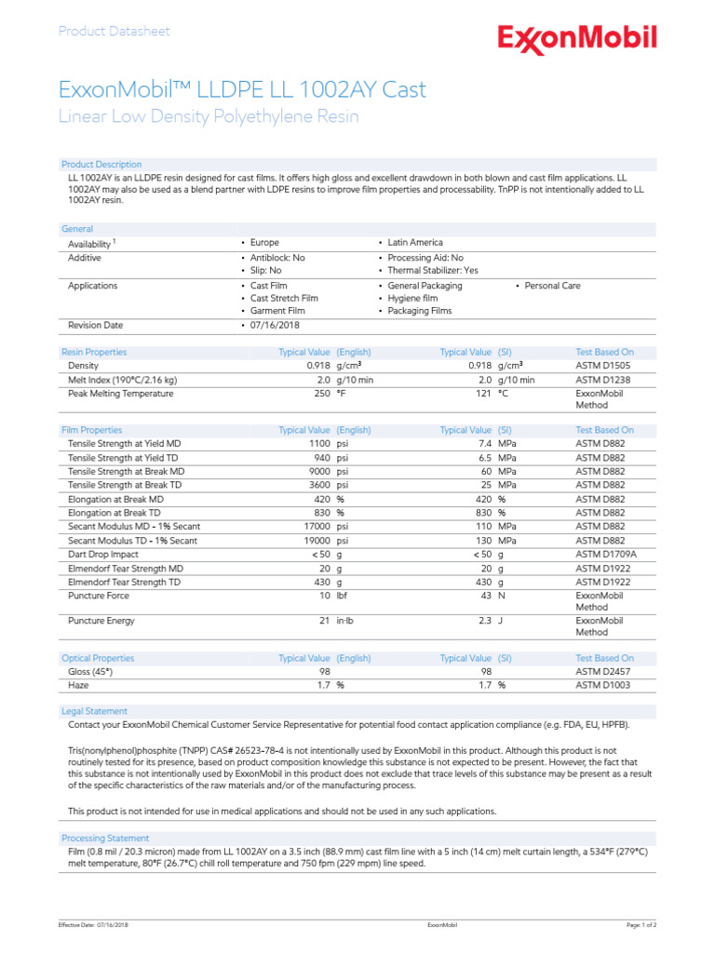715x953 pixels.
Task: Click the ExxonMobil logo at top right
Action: pyautogui.click(x=576, y=39)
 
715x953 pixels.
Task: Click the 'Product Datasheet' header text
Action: pyautogui.click(x=115, y=32)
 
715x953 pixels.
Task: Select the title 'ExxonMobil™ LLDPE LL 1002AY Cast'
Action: pyautogui.click(x=242, y=90)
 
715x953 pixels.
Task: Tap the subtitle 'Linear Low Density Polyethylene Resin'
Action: pyautogui.click(x=209, y=116)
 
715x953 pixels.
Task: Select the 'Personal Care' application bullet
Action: pyautogui.click(x=552, y=286)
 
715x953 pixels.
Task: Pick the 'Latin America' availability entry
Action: pyautogui.click(x=415, y=242)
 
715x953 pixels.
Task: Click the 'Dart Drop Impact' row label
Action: pyautogui.click(x=102, y=555)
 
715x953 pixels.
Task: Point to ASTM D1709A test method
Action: pyautogui.click(x=606, y=555)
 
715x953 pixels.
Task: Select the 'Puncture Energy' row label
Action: pyautogui.click(x=101, y=621)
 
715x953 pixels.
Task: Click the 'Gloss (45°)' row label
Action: pyautogui.click(x=92, y=671)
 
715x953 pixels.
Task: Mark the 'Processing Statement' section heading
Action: pyautogui.click(x=104, y=839)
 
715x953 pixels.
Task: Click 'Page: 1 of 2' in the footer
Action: pyautogui.click(x=641, y=925)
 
